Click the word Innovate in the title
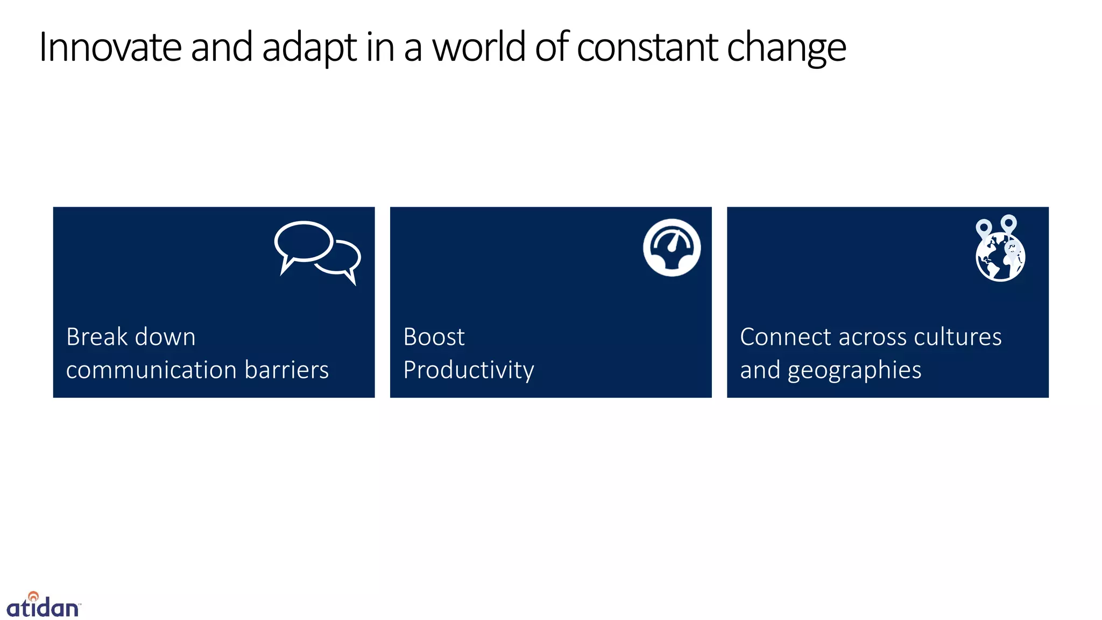[x=110, y=47]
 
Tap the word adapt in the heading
[x=309, y=47]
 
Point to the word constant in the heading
[x=647, y=47]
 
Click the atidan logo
[x=43, y=607]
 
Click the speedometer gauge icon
[x=672, y=248]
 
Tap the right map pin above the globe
[x=1008, y=223]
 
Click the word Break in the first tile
[x=96, y=337]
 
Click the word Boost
[x=434, y=337]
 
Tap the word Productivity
[x=469, y=370]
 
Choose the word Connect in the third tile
[x=786, y=337]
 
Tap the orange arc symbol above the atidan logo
[x=33, y=596]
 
